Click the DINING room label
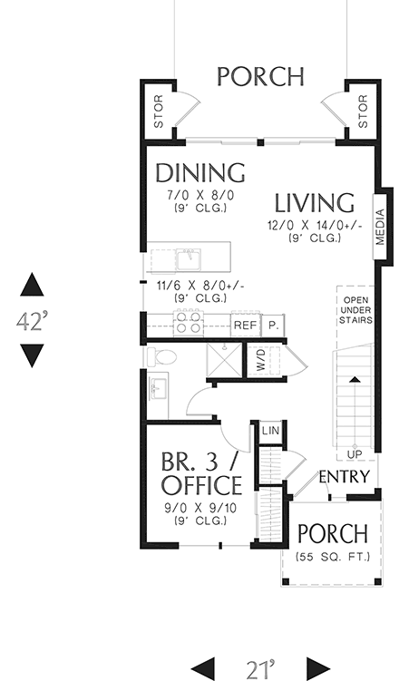(200, 172)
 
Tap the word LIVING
(315, 202)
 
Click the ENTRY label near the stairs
(344, 477)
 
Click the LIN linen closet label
(269, 432)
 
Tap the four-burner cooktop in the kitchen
(188, 323)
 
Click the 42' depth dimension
(33, 322)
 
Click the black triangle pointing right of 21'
(317, 668)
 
